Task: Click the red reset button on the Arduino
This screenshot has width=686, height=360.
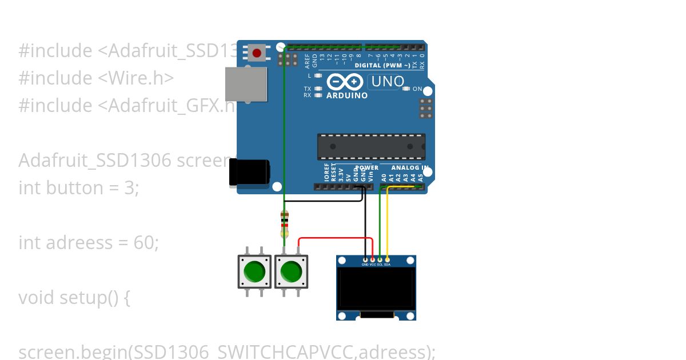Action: pyautogui.click(x=257, y=53)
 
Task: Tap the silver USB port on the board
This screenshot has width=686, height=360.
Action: pyautogui.click(x=246, y=84)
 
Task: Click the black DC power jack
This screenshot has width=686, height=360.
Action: pyautogui.click(x=249, y=172)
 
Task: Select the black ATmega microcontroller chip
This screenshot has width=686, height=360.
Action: pyautogui.click(x=371, y=147)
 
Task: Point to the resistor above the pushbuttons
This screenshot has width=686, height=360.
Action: pyautogui.click(x=285, y=224)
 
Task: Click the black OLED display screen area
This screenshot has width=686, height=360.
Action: pyautogui.click(x=376, y=289)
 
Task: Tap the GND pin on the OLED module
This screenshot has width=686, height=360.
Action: pyautogui.click(x=365, y=260)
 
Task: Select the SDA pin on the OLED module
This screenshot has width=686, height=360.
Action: pyautogui.click(x=387, y=260)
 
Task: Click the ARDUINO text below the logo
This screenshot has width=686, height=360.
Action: pyautogui.click(x=347, y=95)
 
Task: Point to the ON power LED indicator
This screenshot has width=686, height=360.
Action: pyautogui.click(x=406, y=89)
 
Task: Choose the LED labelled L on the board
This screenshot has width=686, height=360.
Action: pyautogui.click(x=318, y=75)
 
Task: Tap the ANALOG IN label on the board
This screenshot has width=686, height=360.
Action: pyautogui.click(x=409, y=167)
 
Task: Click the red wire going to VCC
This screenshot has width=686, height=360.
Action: pyautogui.click(x=337, y=238)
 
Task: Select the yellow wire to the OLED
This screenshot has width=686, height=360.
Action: pyautogui.click(x=388, y=223)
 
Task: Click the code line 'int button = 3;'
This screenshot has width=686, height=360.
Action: pyautogui.click(x=79, y=188)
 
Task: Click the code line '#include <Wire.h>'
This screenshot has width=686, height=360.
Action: pyautogui.click(x=96, y=78)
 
